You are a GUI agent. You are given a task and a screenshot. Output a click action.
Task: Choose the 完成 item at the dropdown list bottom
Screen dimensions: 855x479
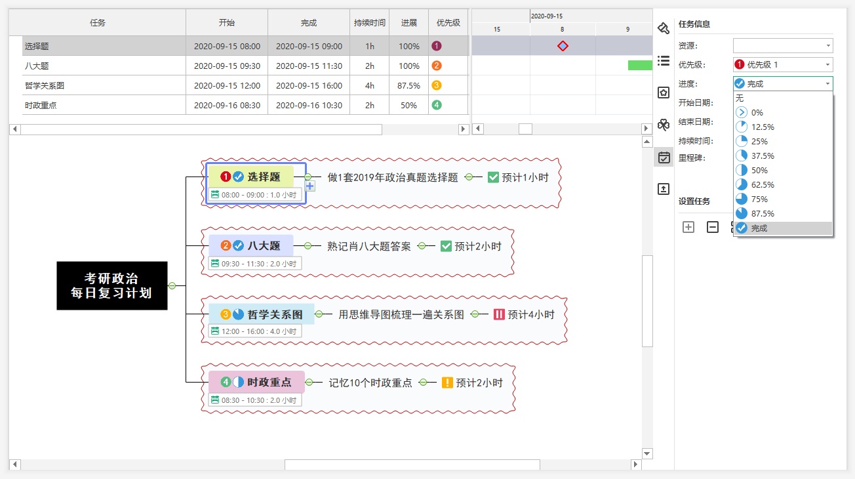pos(759,228)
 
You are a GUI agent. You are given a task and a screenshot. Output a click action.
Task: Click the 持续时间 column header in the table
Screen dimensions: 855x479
pos(370,22)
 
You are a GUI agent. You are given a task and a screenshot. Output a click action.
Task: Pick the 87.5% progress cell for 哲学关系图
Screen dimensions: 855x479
pos(408,85)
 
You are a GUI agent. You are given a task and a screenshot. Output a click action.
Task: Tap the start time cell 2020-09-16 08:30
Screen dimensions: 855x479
pos(227,105)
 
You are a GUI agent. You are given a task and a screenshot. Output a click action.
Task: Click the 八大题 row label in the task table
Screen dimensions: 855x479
pos(37,66)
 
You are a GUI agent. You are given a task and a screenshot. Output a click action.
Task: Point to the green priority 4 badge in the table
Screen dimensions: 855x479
pos(437,105)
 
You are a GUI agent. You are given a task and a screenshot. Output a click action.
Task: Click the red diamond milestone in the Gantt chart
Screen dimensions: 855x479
pos(563,46)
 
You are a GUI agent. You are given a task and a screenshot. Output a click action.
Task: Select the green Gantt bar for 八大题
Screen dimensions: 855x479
pos(639,65)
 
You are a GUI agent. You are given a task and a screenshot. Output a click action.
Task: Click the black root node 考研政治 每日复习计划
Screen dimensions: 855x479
pos(111,286)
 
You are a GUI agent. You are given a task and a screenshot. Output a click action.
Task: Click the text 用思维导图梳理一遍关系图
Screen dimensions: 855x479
pos(401,315)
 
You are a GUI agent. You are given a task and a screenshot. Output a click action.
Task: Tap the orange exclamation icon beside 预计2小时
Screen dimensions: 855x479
pos(448,383)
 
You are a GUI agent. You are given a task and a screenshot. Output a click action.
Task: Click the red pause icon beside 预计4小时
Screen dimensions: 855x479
pos(500,315)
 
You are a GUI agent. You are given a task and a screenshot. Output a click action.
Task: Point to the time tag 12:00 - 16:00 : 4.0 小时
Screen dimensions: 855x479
pos(255,331)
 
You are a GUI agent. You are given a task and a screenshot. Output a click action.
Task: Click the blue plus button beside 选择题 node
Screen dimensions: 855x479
pos(310,186)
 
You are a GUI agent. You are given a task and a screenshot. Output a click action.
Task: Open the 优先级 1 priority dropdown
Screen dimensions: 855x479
pos(783,65)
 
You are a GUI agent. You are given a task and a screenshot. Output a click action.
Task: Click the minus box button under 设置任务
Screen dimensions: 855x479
pos(713,228)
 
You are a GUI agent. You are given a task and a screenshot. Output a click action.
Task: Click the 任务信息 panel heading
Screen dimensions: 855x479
pos(694,24)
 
